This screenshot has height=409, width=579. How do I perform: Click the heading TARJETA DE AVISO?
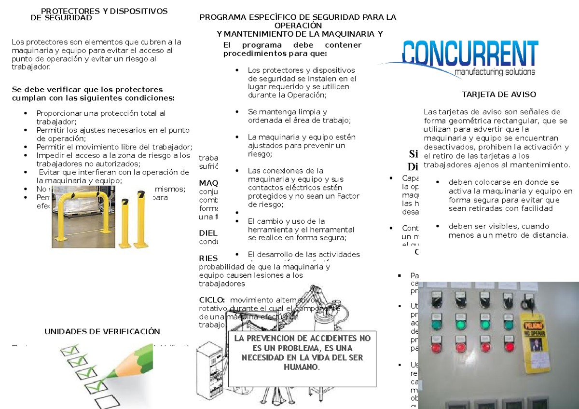pos(499,95)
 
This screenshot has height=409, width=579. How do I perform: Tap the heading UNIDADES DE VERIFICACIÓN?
pos(102,331)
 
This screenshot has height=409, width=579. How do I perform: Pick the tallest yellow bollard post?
pos(141,217)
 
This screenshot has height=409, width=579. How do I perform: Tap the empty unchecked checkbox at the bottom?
pos(108,402)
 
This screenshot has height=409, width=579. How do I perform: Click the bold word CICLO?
pos(212,300)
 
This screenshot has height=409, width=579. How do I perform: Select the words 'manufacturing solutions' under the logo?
pos(494,72)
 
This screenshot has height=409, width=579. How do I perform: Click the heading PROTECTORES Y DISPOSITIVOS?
pos(104,11)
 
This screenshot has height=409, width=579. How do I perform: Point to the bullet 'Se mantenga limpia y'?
pos(288,111)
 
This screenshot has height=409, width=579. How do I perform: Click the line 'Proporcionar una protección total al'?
pos(101,113)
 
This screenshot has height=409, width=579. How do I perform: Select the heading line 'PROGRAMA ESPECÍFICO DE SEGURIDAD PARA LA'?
pos(298,17)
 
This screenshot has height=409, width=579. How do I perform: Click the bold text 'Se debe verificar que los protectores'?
pos(87,89)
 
